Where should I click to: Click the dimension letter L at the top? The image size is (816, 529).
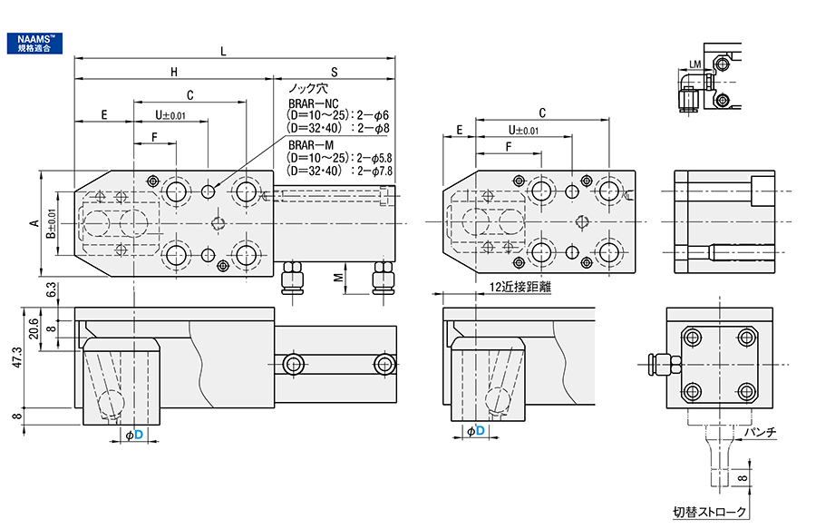[223, 51]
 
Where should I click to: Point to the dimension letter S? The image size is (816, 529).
[334, 72]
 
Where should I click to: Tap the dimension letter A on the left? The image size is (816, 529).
[34, 223]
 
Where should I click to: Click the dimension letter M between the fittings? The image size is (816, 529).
[338, 276]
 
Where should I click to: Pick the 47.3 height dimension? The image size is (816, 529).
[14, 358]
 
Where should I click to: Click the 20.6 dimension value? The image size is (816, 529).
[34, 328]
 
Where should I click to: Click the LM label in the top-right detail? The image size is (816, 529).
[695, 64]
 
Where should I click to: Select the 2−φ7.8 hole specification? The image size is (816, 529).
[376, 170]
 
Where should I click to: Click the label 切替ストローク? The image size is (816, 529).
[710, 513]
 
